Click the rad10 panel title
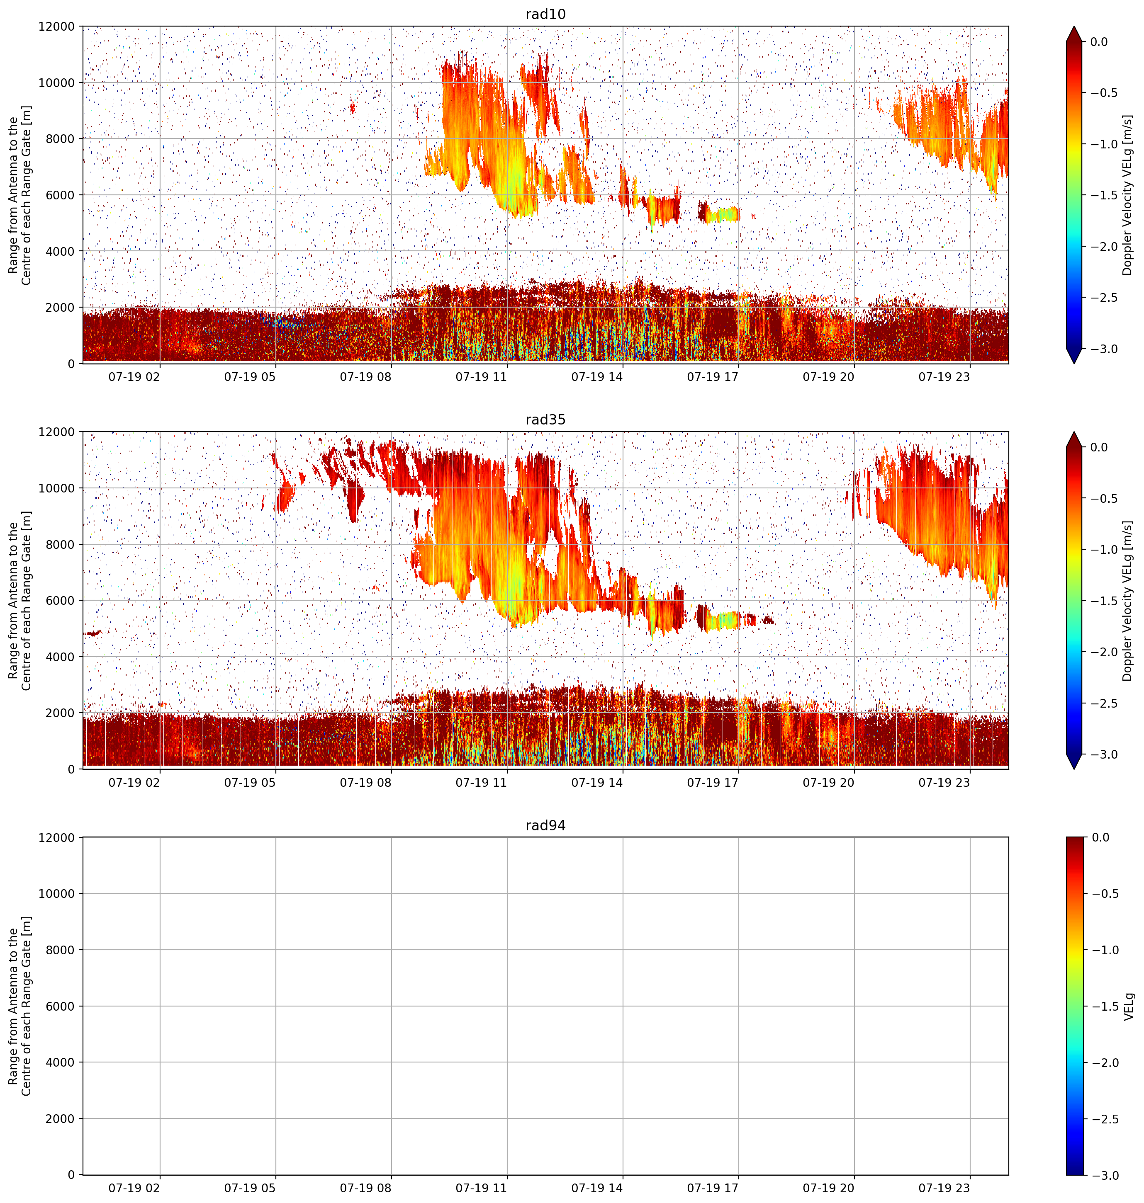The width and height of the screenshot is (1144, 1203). (x=545, y=14)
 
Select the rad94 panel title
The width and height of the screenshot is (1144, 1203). (x=545, y=825)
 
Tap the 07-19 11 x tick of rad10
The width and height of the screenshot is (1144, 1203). (x=481, y=377)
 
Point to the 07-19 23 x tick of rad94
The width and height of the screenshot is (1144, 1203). (x=944, y=1187)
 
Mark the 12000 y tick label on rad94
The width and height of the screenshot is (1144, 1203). (x=57, y=837)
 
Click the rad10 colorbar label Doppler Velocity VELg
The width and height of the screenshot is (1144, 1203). (x=1127, y=195)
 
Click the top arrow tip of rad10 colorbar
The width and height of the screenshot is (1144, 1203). (x=1074, y=26)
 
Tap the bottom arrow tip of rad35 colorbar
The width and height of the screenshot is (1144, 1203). (x=1074, y=769)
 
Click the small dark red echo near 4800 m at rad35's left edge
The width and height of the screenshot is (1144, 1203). (x=92, y=633)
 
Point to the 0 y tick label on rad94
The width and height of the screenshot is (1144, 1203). (x=72, y=1175)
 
